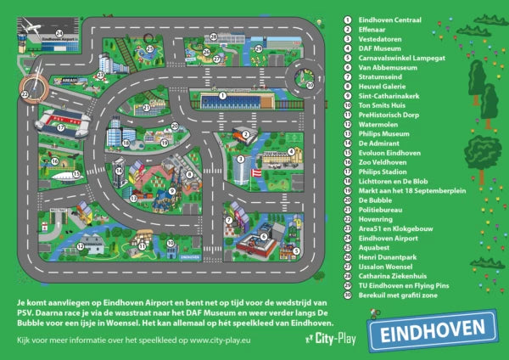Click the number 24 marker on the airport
(59, 34)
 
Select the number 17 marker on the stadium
(60, 128)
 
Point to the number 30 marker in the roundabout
(310, 85)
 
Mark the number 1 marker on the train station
(221, 95)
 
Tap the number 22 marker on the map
(25, 94)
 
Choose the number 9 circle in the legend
(348, 95)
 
